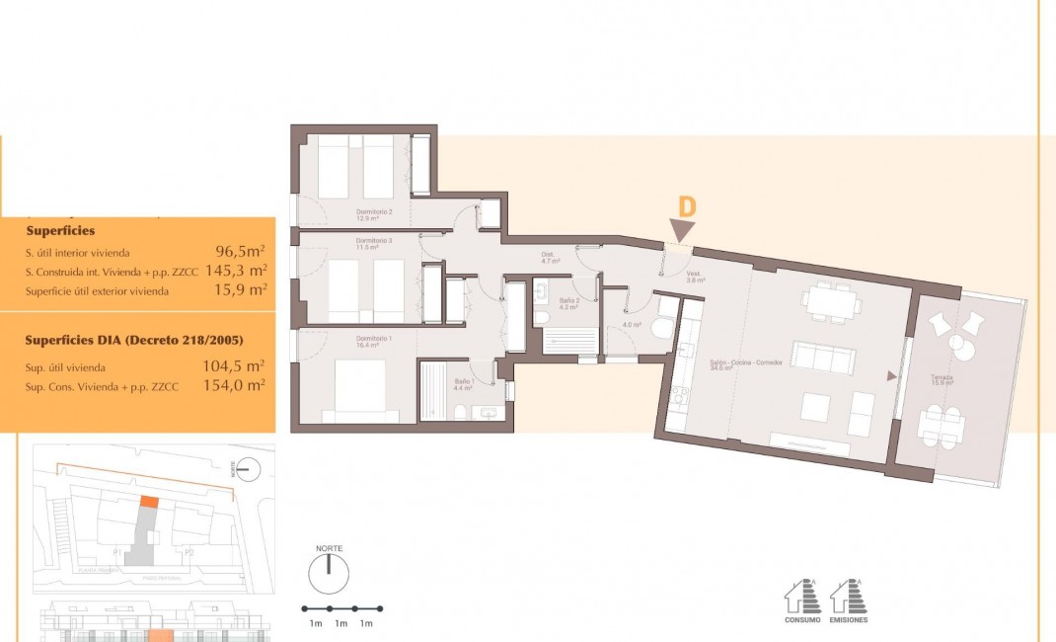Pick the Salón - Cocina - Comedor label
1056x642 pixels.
(746, 363)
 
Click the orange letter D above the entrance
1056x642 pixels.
(687, 207)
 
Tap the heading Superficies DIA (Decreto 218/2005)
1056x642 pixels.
(134, 341)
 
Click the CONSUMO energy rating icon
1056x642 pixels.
(801, 600)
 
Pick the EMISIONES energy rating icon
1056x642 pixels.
(848, 600)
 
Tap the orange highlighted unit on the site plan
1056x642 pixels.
(148, 501)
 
